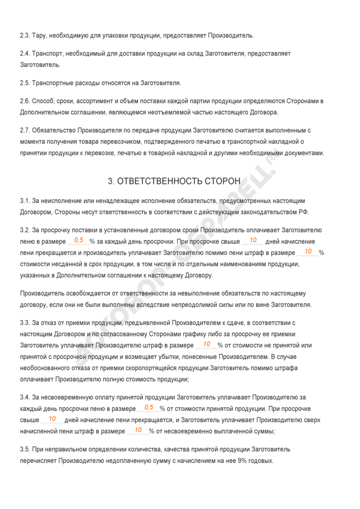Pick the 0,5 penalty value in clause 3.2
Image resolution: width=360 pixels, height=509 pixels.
(x=79, y=240)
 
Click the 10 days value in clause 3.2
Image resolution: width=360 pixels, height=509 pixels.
(x=253, y=240)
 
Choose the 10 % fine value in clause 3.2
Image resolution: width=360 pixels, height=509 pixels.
(x=308, y=251)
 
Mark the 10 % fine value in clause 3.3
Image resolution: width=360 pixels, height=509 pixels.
(x=207, y=344)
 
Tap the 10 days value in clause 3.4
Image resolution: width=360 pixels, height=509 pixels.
(x=52, y=419)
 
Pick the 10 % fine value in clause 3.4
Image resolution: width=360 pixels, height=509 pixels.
(x=138, y=430)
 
